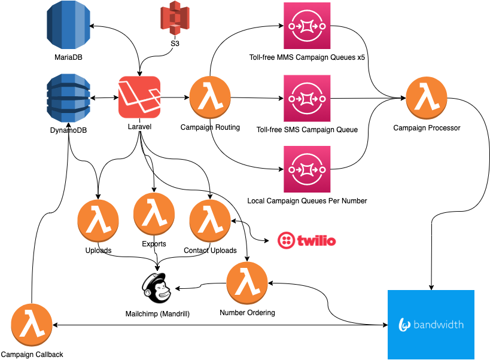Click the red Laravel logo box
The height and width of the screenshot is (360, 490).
pyautogui.click(x=139, y=97)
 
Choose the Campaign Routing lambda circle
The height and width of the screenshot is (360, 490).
pyautogui.click(x=210, y=97)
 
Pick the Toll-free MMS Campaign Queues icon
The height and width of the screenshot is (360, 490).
pyautogui.click(x=307, y=26)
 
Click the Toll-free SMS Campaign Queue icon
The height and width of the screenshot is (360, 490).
pyautogui.click(x=307, y=98)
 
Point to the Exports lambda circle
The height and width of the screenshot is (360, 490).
pyautogui.click(x=154, y=215)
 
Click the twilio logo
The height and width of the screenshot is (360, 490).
pyautogui.click(x=307, y=240)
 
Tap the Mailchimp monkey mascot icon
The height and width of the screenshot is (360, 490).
pyautogui.click(x=156, y=286)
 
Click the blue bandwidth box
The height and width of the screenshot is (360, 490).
pyautogui.click(x=431, y=325)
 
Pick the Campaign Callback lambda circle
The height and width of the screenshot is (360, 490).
pyautogui.click(x=32, y=325)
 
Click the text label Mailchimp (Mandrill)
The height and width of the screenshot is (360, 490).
pyautogui.click(x=157, y=313)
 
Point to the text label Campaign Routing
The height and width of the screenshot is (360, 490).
pyautogui.click(x=210, y=127)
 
